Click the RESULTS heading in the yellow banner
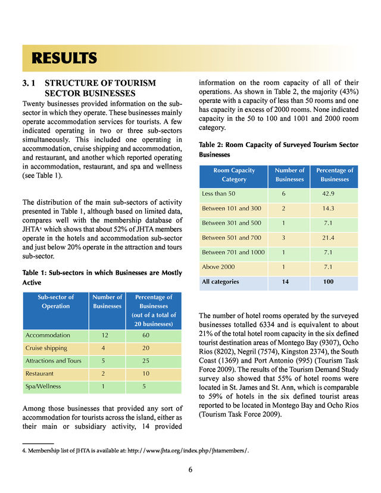64,58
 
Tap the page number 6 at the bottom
190,470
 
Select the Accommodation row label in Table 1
48,335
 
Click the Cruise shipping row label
46,348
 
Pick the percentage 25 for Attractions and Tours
146,361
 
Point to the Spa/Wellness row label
43,386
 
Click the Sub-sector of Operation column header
55,301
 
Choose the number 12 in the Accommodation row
105,335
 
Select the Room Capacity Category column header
234,174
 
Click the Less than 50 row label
219,194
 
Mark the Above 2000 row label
218,267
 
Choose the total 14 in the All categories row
286,282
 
